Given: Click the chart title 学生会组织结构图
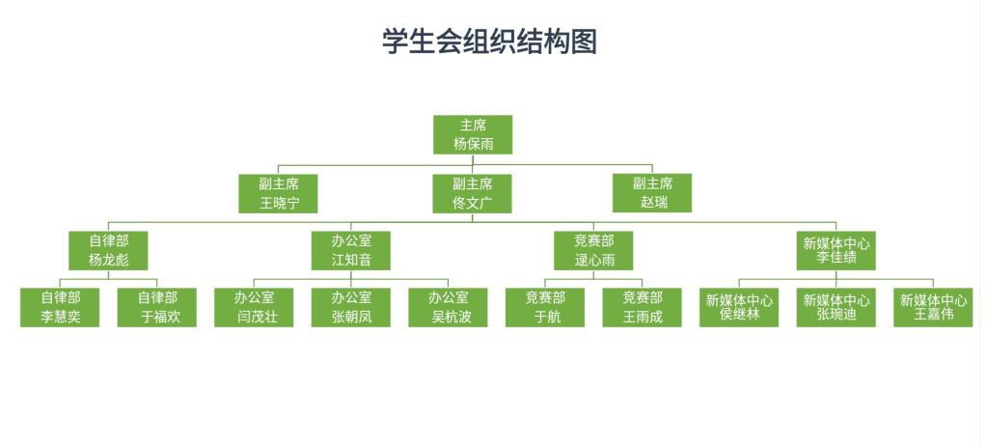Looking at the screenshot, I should [489, 42].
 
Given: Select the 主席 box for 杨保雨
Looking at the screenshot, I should [473, 135].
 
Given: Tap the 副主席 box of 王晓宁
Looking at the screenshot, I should [279, 193].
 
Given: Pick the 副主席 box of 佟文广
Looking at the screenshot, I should [473, 193].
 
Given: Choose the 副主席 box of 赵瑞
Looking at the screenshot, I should [652, 193].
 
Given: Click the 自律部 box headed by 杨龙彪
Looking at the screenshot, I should [108, 250].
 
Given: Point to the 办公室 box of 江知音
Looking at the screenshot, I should [351, 250].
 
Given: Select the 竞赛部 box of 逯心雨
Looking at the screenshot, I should [594, 250].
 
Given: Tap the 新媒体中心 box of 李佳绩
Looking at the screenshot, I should [837, 250].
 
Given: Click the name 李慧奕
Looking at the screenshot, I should [60, 317].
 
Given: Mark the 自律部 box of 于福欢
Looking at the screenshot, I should [157, 307].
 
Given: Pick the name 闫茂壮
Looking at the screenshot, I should [255, 317].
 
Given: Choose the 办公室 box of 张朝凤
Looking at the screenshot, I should [351, 307].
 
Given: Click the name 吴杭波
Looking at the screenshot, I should [449, 317].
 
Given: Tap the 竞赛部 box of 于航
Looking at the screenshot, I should [545, 307].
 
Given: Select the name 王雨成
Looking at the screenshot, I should [643, 317].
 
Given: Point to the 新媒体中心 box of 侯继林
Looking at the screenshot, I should [740, 307].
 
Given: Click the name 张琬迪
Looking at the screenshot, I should [837, 314].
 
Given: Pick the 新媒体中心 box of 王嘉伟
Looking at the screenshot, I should [934, 307].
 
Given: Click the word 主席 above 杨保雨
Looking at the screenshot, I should [473, 126].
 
